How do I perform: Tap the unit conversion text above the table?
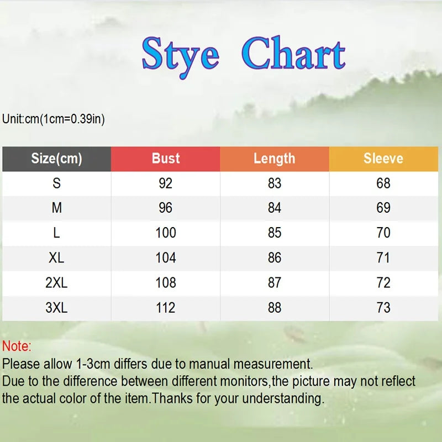54,119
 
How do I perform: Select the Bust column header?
166,159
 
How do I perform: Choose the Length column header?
275,159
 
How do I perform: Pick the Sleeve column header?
383,159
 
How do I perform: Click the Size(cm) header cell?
56,159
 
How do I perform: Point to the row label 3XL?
56,308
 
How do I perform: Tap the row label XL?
56,258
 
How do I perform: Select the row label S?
56,183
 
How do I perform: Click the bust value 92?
166,183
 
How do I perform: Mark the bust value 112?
166,308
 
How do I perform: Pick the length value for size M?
275,208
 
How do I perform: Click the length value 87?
275,283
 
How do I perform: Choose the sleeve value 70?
383,233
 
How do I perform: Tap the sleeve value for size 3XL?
383,308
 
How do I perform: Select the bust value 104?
166,258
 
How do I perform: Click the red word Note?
17,347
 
